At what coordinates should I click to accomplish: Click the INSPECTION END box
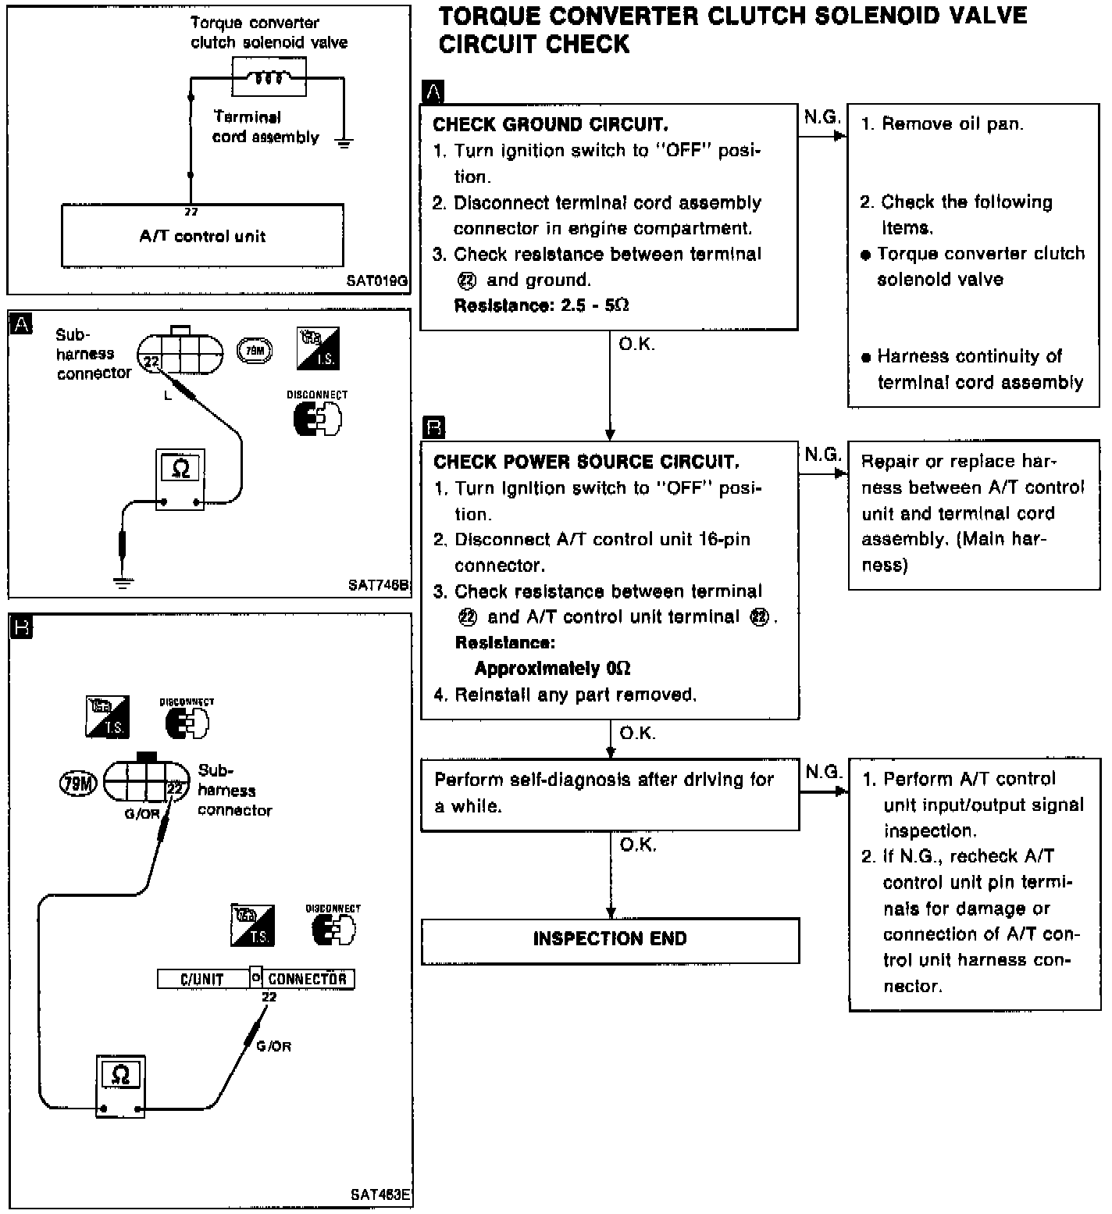point(610,941)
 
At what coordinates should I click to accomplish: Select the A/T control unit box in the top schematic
point(202,235)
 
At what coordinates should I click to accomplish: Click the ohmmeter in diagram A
point(180,480)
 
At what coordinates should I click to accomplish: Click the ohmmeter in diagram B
point(120,1085)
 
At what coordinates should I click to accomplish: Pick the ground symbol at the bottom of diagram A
point(122,582)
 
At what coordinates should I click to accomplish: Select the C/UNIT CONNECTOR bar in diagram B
point(256,978)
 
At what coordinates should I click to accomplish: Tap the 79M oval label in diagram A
point(255,352)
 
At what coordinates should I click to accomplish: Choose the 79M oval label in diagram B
point(78,784)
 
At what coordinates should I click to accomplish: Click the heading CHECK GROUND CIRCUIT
point(551,125)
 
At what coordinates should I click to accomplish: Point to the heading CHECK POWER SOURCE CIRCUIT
point(586,462)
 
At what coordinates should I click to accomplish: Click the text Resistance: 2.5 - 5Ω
point(542,305)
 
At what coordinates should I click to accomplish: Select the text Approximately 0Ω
point(553,669)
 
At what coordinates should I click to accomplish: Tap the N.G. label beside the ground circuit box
point(822,117)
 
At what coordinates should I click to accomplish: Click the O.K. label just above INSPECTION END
point(638,844)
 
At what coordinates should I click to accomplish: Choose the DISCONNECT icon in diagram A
point(317,414)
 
